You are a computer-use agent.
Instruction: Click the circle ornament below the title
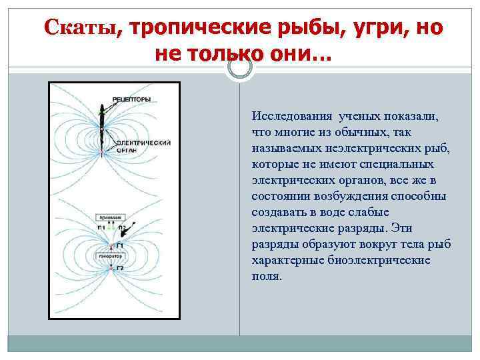pyautogui.click(x=239, y=68)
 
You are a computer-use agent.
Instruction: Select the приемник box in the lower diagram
pyautogui.click(x=107, y=217)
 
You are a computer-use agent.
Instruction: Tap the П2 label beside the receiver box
pyautogui.click(x=121, y=227)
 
